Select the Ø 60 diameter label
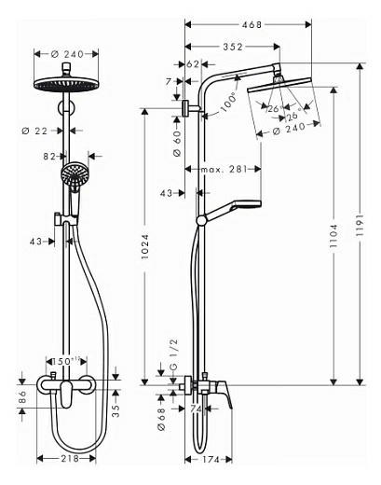(x=177, y=142)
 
